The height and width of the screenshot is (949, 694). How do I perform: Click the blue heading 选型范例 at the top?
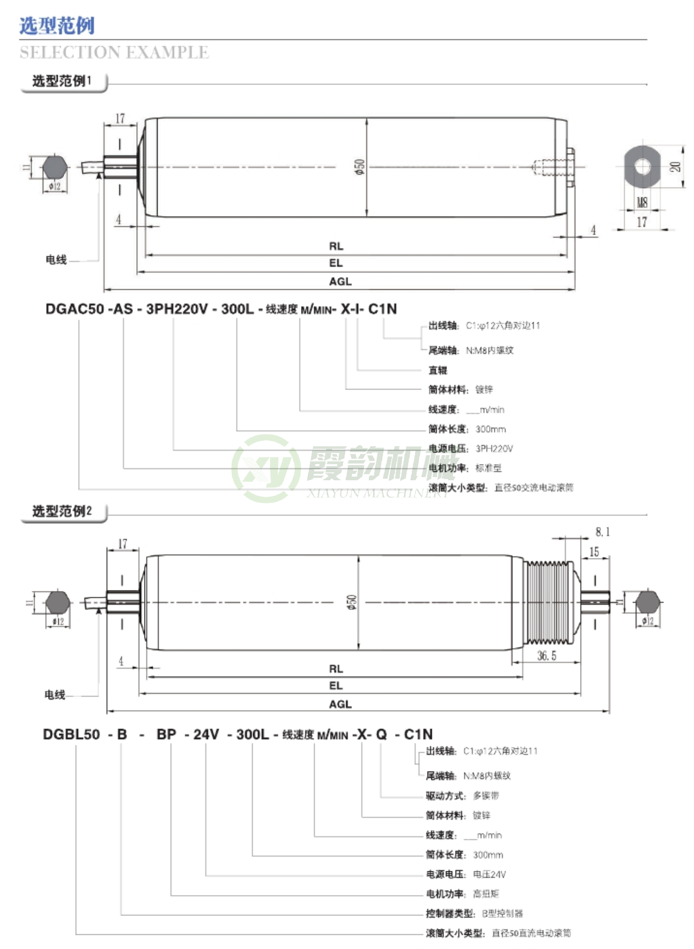pos(57,25)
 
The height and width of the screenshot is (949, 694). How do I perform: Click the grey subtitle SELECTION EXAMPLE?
pos(114,52)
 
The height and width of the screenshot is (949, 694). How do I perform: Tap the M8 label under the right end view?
pos(641,202)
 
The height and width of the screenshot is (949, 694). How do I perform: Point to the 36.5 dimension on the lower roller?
pos(546,656)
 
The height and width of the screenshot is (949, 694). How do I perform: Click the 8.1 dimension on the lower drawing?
pos(602,532)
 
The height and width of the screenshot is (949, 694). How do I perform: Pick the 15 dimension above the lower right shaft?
pos(594,552)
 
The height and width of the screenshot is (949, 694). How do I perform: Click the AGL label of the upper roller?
pos(340,281)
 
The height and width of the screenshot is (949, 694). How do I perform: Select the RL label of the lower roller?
pos(336,669)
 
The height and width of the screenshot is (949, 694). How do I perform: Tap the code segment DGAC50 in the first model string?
pos(75,309)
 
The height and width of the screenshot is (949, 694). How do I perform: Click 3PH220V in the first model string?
pos(177,309)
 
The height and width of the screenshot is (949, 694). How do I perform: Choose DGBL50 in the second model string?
pos(71,734)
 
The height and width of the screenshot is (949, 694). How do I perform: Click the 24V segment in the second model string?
pos(206,734)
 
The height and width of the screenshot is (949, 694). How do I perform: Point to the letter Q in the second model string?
pos(381,734)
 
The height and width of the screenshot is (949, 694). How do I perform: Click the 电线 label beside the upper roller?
pos(56,260)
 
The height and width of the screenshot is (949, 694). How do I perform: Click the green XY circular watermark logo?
pos(266,468)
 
